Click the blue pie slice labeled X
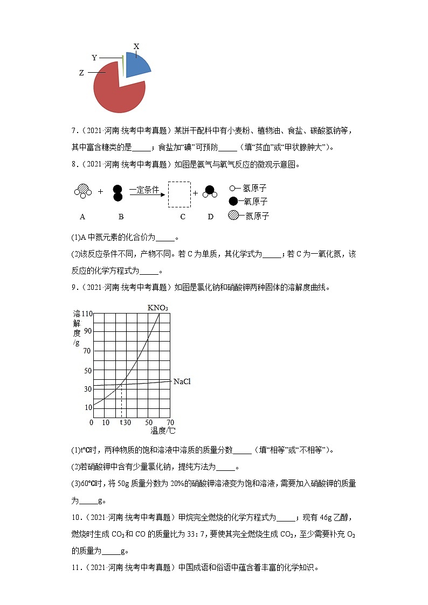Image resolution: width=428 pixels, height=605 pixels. click(x=137, y=65)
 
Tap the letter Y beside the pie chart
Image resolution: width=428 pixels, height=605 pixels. click(x=94, y=58)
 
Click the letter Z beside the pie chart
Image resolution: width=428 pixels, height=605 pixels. click(x=81, y=73)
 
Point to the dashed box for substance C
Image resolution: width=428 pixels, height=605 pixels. click(x=179, y=194)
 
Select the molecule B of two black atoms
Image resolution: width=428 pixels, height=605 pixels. click(x=118, y=193)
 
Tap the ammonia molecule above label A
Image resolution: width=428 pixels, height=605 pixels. click(x=82, y=191)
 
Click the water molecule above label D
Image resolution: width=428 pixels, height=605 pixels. click(x=210, y=192)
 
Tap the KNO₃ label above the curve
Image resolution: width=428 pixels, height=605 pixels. click(x=157, y=308)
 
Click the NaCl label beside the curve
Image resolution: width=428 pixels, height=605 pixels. click(x=182, y=381)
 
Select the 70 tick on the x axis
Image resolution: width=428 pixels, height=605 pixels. click(x=170, y=422)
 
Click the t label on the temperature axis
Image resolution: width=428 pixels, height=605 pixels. click(x=121, y=422)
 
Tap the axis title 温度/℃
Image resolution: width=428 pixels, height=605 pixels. click(x=163, y=431)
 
